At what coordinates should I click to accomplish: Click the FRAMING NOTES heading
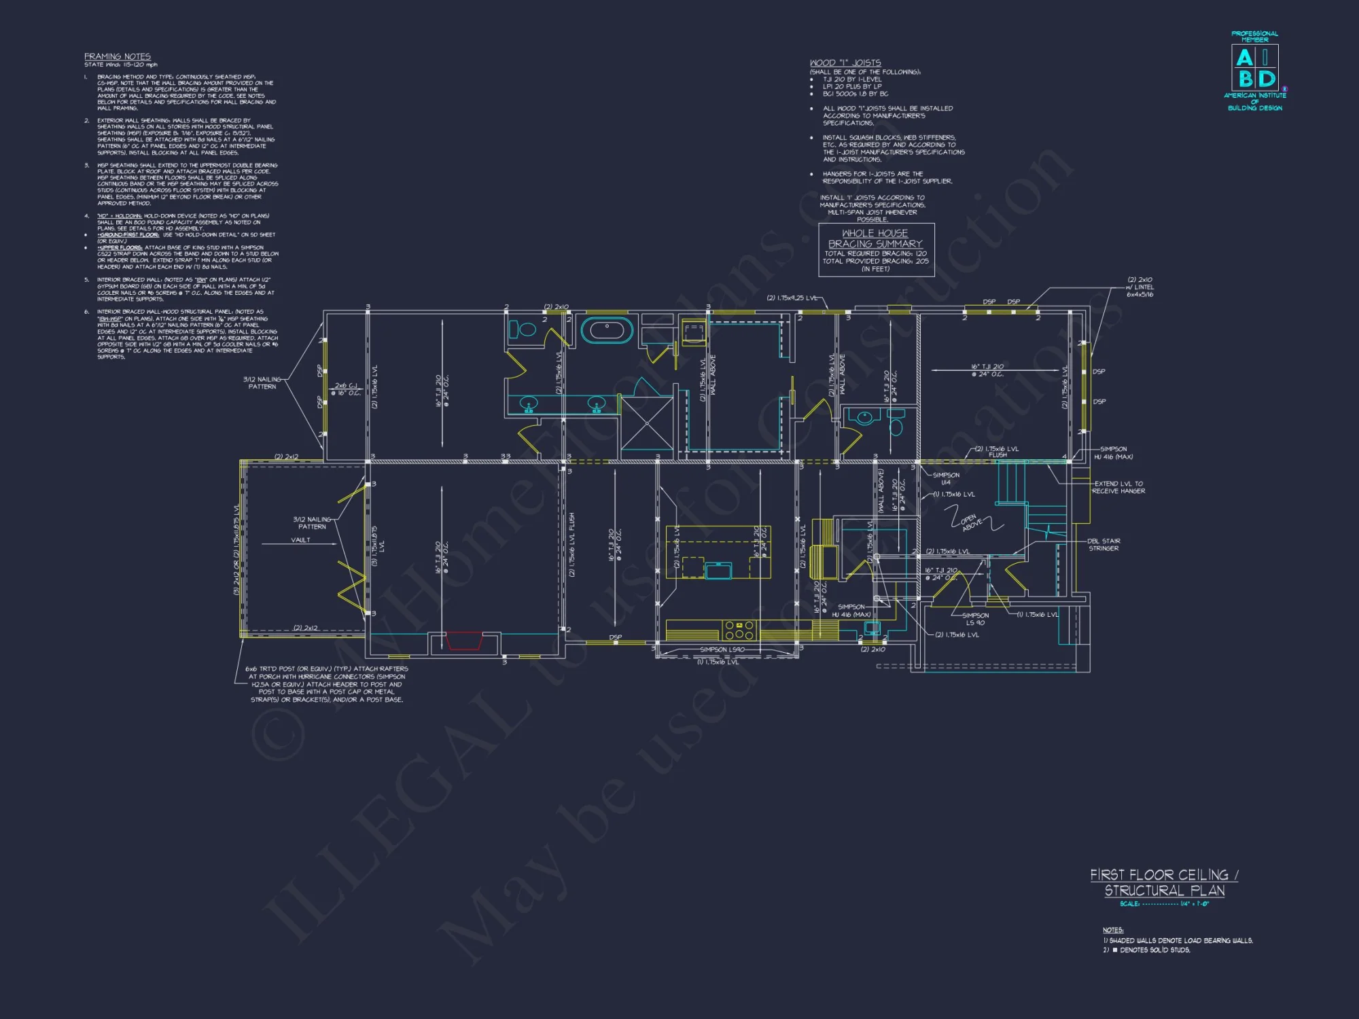point(118,56)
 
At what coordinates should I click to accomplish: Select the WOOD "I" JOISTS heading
point(845,62)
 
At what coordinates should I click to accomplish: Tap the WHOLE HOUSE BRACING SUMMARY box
point(876,250)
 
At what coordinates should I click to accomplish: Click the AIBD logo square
point(1254,67)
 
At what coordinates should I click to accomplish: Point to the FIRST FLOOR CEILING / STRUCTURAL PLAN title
point(1164,882)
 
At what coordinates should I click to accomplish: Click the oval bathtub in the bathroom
point(607,331)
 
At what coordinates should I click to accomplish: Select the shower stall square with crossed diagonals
point(646,423)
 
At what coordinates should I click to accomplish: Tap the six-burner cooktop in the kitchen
point(739,630)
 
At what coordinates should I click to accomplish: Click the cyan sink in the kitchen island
point(718,569)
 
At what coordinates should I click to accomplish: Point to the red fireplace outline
point(464,641)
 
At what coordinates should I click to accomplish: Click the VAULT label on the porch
point(300,540)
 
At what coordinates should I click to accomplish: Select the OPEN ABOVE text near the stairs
point(971,522)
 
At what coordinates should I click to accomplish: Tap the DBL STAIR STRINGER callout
point(1104,545)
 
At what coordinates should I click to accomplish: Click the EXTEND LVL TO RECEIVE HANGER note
point(1118,487)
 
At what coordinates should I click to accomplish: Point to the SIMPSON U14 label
point(946,478)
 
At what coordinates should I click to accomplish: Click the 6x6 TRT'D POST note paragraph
point(327,684)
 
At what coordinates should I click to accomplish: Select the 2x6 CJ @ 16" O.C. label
point(346,389)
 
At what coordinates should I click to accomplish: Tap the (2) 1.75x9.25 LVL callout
point(792,298)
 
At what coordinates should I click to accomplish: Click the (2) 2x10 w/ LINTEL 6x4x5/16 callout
point(1140,287)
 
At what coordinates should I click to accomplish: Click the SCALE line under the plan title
point(1164,904)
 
